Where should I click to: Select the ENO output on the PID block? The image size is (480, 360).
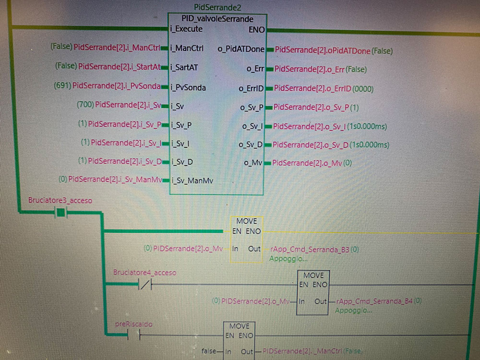[256, 30]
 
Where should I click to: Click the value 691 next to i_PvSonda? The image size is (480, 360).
[62, 86]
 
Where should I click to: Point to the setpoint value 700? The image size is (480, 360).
[85, 105]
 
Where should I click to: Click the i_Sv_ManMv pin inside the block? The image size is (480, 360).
[192, 180]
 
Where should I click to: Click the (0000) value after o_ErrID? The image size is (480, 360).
[363, 89]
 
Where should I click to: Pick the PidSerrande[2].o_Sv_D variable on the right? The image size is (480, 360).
[311, 144]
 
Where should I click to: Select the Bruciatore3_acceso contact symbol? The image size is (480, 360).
[60, 212]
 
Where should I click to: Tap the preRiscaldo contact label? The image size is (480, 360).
[133, 324]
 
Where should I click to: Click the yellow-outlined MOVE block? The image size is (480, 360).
[246, 239]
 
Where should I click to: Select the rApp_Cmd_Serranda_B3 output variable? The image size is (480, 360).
[310, 250]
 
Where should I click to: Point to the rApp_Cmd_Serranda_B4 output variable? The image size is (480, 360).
[374, 301]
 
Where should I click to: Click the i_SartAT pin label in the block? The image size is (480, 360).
[184, 67]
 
